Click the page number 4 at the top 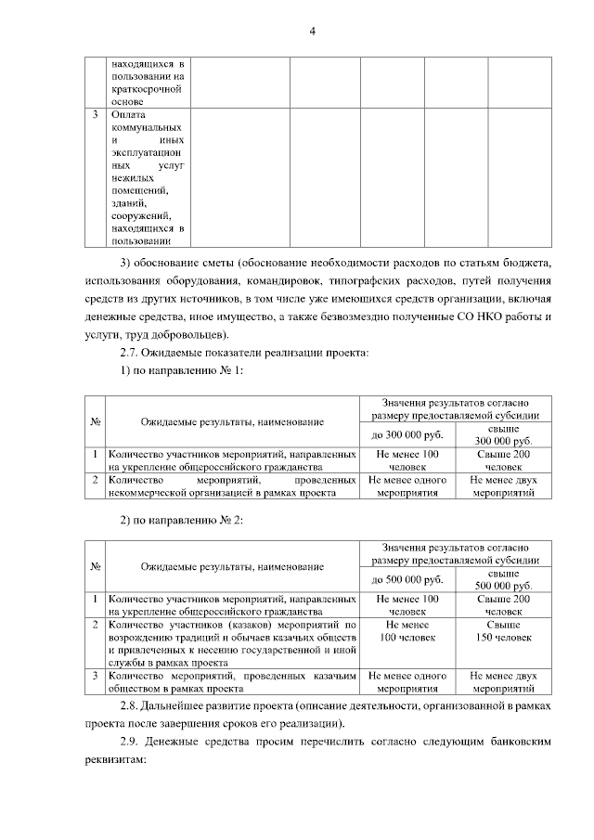pyautogui.click(x=313, y=32)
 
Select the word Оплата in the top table pyautogui.click(x=127, y=115)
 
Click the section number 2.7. pyautogui.click(x=132, y=353)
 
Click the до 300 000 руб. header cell pyautogui.click(x=407, y=434)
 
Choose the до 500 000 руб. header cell pyautogui.click(x=407, y=580)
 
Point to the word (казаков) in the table pyautogui.click(x=228, y=626)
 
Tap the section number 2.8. pyautogui.click(x=132, y=706)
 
